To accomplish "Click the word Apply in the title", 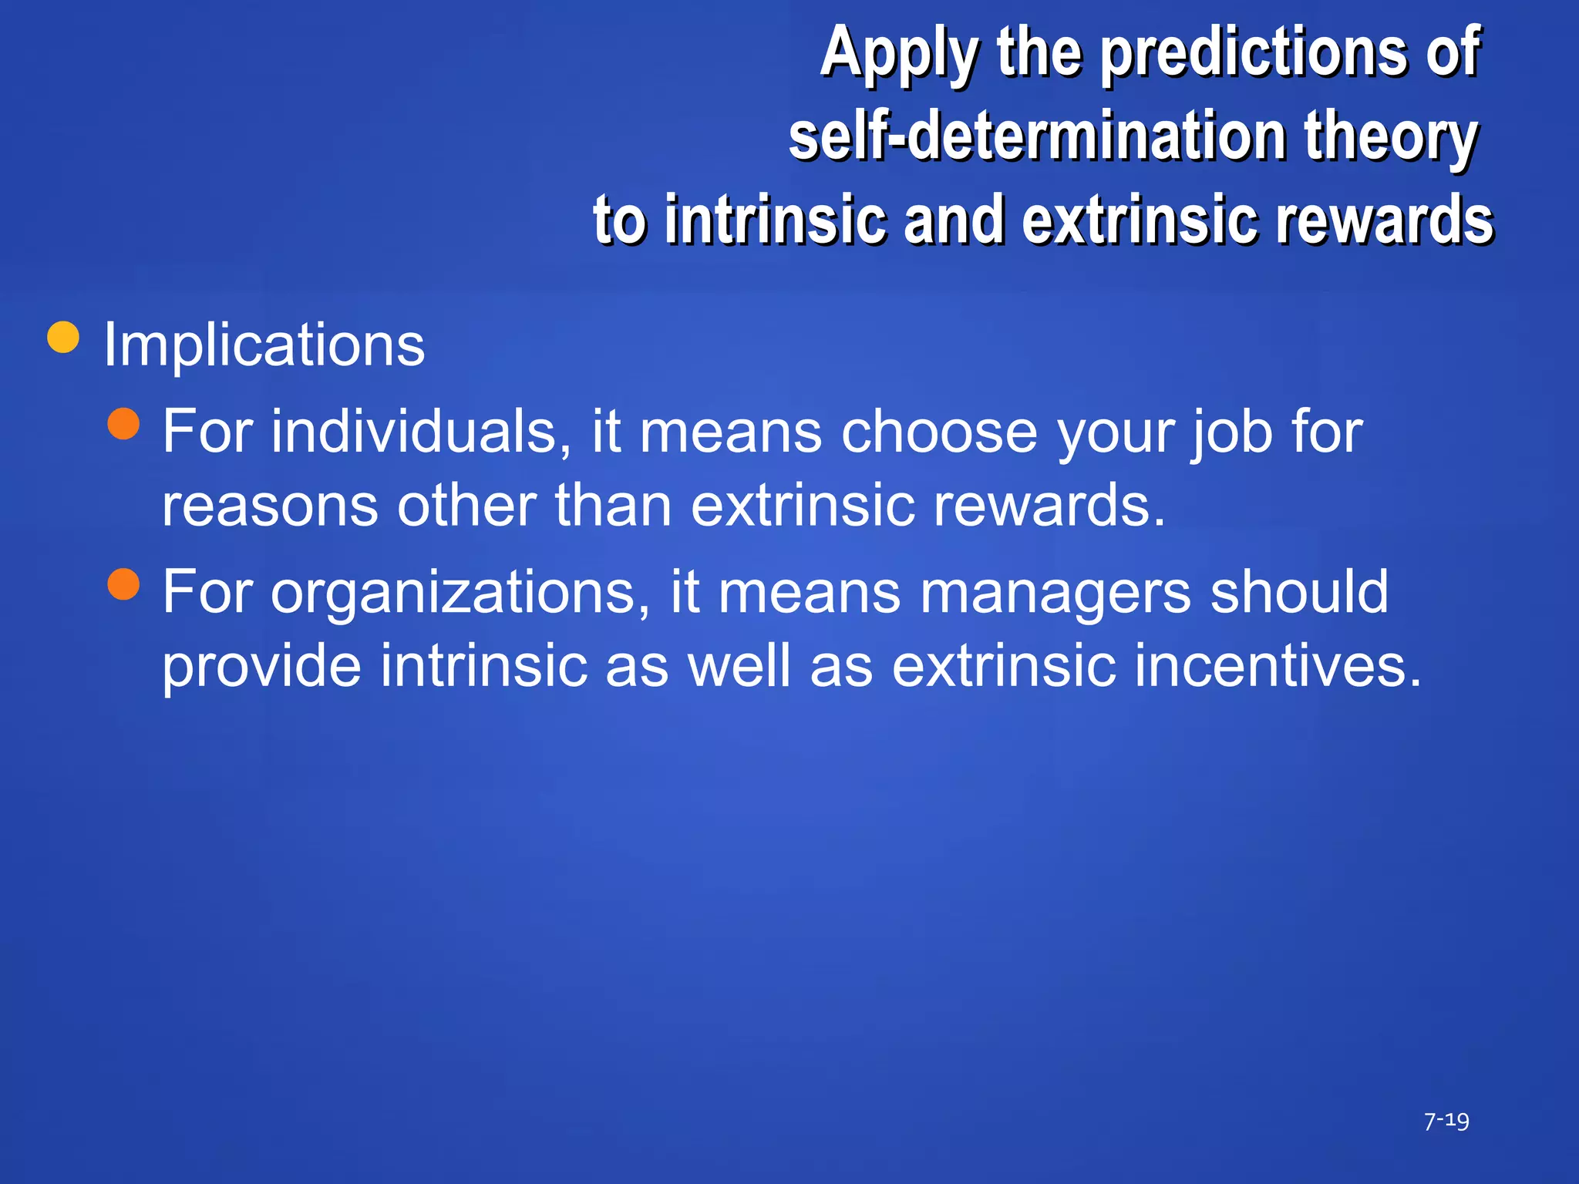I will pos(899,54).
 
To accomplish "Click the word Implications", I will pos(264,345).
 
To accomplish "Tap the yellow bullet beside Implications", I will pos(63,337).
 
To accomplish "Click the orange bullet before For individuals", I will pos(123,423).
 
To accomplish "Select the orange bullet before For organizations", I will pos(123,584).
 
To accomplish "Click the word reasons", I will pos(270,506).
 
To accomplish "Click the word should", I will pos(1300,592).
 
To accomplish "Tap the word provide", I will pos(261,666).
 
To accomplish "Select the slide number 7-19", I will pos(1446,1121).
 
